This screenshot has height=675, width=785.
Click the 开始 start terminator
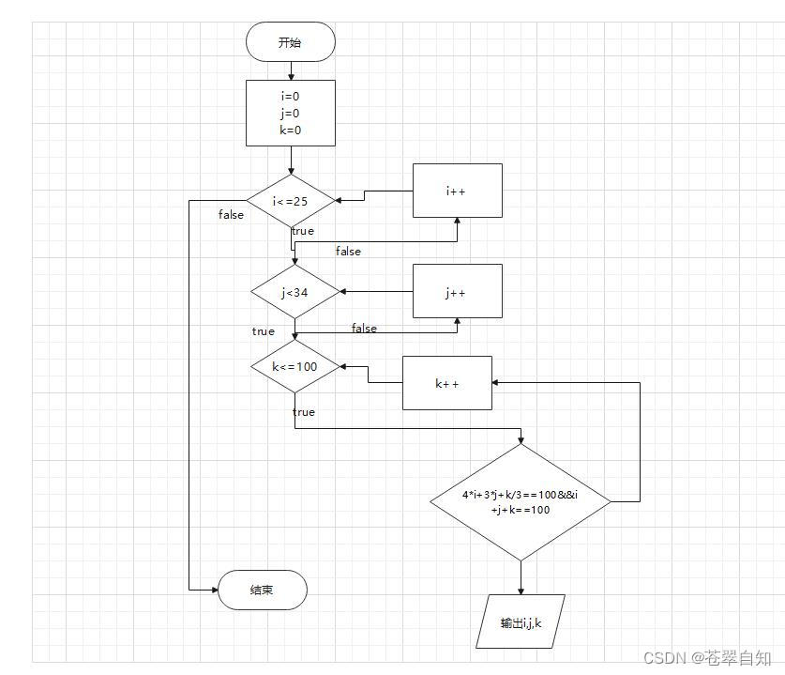tap(290, 42)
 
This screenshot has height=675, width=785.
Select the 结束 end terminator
tap(263, 590)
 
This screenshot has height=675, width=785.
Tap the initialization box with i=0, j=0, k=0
tap(290, 113)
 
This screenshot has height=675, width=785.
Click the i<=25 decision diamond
tap(290, 200)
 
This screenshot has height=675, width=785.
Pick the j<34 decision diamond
tap(294, 292)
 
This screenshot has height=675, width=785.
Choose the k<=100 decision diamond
tap(294, 366)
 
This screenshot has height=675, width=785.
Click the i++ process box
tap(457, 191)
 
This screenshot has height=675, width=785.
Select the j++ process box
tap(457, 291)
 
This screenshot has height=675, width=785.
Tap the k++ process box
tap(446, 383)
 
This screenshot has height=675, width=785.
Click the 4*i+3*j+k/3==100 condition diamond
tap(520, 501)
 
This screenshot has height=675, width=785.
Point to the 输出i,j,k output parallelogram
tap(521, 621)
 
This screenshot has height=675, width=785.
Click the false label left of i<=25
tap(231, 215)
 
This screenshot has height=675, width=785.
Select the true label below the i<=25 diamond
tap(303, 231)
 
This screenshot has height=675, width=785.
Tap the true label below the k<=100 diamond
tap(304, 412)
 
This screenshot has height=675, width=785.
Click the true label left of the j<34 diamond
tap(264, 331)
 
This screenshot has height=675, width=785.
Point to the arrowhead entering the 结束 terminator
tap(213, 590)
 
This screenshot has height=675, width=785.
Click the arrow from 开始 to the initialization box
tap(291, 70)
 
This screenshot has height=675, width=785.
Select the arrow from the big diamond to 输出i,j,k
tap(521, 577)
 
